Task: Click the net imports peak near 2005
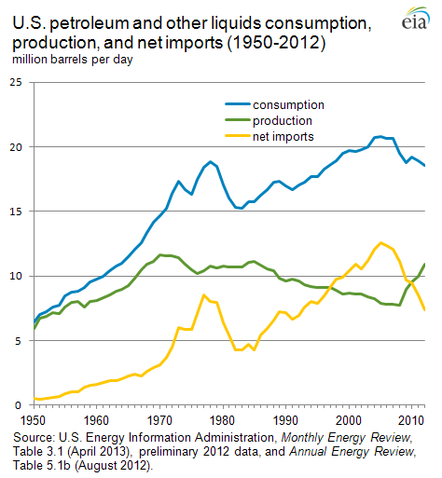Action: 380,242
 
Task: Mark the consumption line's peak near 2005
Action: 380,136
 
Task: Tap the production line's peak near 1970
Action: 161,254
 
